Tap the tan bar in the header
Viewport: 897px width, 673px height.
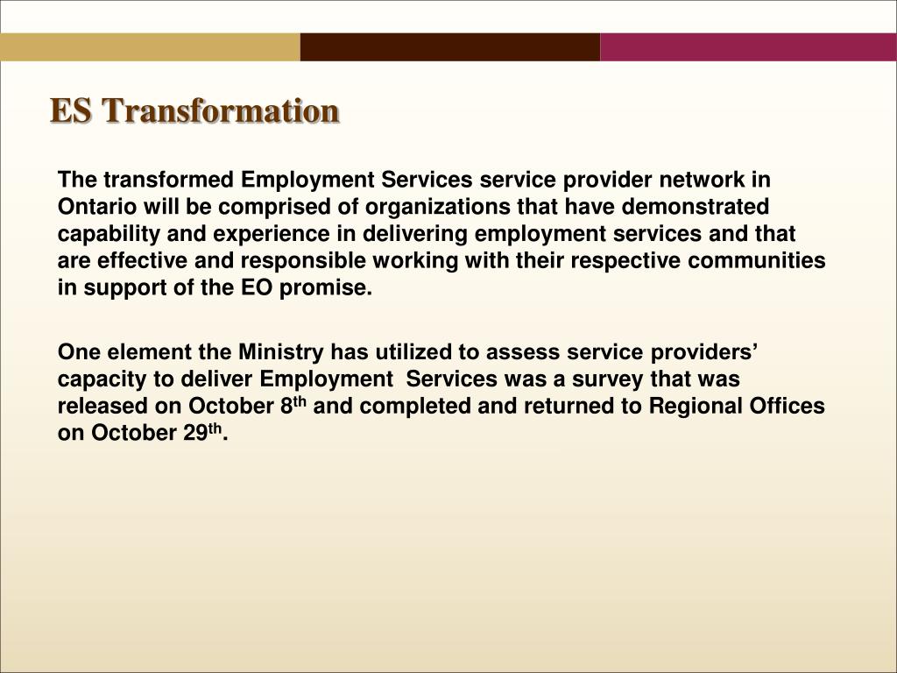[150, 47]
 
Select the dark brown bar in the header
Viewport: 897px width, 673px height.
[449, 47]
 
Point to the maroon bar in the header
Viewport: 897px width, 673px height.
[748, 47]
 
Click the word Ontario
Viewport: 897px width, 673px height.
[93, 207]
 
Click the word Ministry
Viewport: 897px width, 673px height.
[279, 352]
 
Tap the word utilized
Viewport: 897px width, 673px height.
[411, 352]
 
